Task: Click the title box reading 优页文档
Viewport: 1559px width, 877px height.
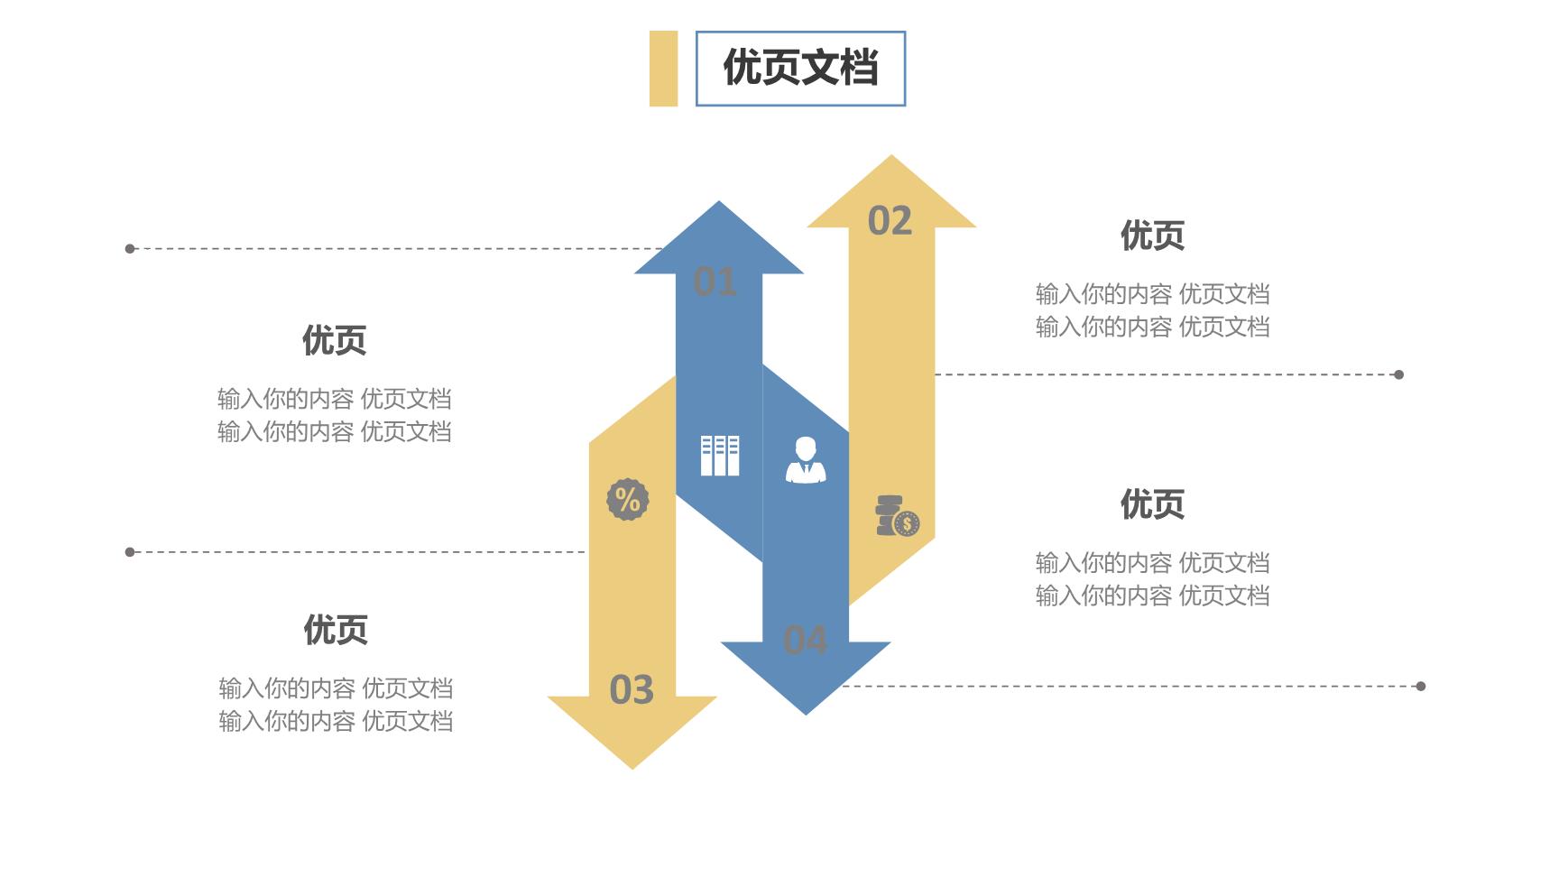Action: coord(800,69)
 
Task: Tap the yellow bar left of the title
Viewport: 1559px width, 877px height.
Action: coord(663,69)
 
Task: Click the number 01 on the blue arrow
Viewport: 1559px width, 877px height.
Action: coord(715,282)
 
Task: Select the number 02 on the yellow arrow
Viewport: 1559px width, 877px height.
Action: coord(890,221)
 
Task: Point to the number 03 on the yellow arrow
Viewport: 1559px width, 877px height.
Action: coord(632,690)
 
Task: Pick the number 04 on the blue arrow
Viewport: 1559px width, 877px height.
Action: coord(805,640)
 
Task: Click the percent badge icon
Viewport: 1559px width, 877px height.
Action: coord(628,499)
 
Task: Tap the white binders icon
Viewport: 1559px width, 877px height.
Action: coord(720,456)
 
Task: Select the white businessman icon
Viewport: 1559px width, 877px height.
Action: coord(806,460)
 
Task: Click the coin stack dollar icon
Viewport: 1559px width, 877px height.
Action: coord(898,516)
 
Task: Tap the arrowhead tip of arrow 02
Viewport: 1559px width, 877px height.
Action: coord(891,156)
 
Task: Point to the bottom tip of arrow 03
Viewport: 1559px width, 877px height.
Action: coord(632,768)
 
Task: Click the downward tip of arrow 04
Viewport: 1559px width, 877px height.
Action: coord(806,714)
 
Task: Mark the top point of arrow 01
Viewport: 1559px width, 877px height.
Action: coord(719,202)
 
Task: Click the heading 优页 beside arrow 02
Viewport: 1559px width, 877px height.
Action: coord(1152,235)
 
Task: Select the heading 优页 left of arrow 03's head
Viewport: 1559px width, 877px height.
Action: coord(336,630)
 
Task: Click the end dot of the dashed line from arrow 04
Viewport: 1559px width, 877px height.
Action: coord(1421,687)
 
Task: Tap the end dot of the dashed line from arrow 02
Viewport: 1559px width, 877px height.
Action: coord(1399,374)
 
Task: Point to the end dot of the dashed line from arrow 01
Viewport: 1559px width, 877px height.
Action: coord(130,249)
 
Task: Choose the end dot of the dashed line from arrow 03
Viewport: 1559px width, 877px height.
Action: coord(130,552)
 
